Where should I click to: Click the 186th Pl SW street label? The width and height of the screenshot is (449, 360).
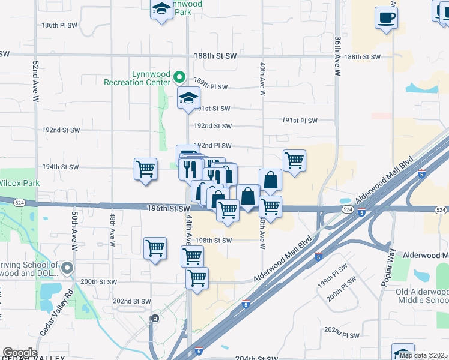60,25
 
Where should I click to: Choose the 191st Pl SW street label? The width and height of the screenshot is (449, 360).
300,120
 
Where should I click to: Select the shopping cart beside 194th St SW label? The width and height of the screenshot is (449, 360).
145,169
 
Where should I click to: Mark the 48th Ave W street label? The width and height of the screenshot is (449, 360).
112,228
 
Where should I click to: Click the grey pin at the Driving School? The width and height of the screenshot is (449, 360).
67,268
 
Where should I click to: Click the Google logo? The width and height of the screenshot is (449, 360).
20,353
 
